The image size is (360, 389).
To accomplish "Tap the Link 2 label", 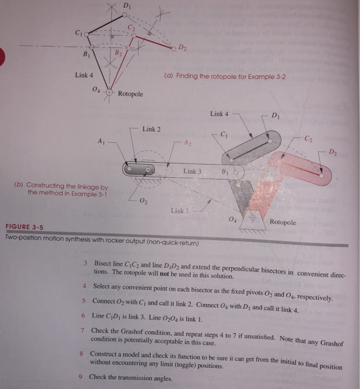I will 151,129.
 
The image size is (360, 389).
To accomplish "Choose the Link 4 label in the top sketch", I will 84,76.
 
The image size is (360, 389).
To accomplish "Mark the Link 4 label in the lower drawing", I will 219,114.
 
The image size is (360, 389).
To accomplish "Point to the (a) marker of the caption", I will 169,76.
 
